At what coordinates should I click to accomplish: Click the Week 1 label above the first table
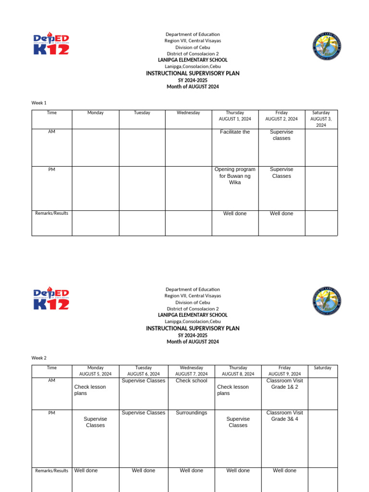pos(39,103)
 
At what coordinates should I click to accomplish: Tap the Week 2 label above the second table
pos(39,358)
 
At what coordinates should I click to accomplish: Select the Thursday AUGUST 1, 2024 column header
pos(235,116)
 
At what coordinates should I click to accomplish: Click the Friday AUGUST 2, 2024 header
pos(282,116)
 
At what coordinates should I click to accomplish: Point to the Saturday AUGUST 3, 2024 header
pos(321,119)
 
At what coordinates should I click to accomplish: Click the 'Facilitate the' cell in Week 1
pos(235,132)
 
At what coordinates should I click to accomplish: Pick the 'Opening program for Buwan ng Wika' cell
pos(235,176)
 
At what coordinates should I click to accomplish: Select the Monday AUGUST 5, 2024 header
pos(95,370)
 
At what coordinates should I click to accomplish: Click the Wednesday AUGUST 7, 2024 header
pos(191,370)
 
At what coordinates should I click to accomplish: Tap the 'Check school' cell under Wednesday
pos(191,381)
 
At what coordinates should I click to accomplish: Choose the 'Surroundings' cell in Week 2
pos(191,413)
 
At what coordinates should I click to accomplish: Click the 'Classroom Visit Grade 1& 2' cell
pos(284,383)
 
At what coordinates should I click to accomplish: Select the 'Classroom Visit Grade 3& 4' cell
pos(284,416)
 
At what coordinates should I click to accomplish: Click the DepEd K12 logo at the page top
pos(51,44)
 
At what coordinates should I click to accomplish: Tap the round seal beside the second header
pos(327,301)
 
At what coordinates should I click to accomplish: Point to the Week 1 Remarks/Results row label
pos(52,213)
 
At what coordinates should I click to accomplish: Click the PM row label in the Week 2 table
pos(52,413)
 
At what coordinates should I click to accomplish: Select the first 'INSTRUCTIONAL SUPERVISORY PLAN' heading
pos(193,74)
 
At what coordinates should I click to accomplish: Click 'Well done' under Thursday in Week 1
pos(235,213)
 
